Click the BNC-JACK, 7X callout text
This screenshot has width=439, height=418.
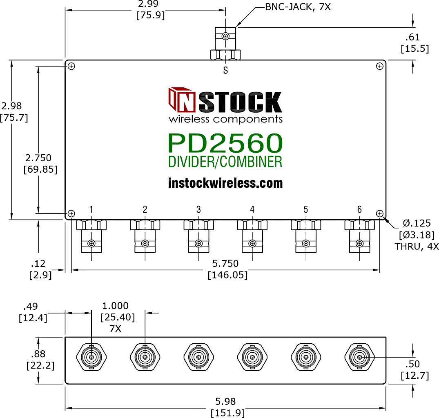[298, 7]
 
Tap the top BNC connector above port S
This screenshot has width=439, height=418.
[225, 43]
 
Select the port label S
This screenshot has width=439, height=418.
[226, 70]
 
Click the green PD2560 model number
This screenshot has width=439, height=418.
[225, 143]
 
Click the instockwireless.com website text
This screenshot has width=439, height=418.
[225, 183]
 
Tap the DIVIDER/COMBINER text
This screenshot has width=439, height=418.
[225, 162]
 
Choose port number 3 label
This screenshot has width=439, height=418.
[198, 209]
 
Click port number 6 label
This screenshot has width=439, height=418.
[359, 209]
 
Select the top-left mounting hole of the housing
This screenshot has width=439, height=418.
[71, 66]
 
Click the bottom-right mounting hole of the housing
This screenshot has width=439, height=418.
[380, 214]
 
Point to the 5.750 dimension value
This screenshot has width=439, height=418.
[225, 264]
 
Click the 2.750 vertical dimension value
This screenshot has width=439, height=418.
[38, 158]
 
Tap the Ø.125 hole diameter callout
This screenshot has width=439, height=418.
[417, 223]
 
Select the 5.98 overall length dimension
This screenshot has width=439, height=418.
[225, 402]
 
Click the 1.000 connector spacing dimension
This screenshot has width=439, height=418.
[115, 305]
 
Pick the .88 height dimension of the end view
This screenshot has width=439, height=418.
[38, 354]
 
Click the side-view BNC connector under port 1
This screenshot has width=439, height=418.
[91, 236]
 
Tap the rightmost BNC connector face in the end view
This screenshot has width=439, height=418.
[359, 357]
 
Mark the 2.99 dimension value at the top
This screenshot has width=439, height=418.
[148, 4]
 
